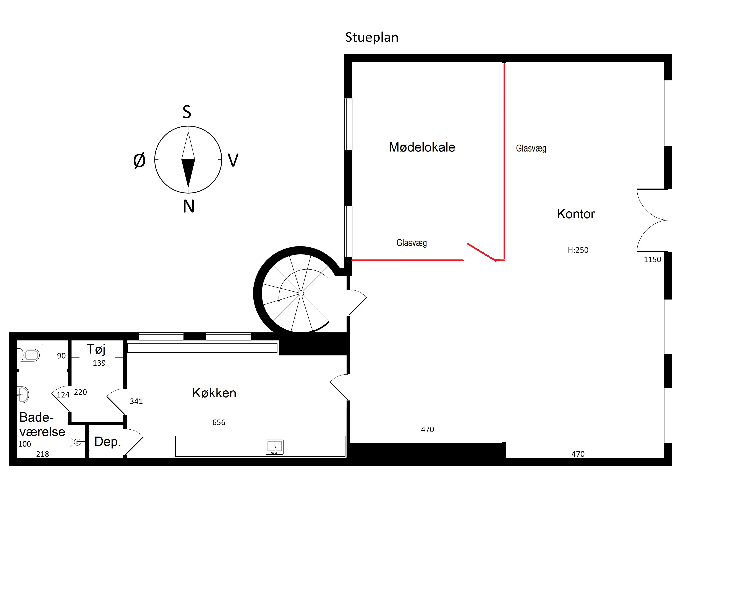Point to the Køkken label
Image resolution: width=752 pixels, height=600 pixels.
214,393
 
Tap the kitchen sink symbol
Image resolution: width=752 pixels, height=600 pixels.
274,447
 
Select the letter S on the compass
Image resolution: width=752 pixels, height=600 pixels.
187,112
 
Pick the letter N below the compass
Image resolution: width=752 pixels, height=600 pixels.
189,206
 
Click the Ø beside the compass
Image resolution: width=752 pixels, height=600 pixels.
139,161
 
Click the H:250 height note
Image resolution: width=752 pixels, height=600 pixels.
578,250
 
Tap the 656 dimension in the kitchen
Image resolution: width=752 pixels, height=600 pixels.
219,422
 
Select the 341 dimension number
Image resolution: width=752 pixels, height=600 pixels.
136,401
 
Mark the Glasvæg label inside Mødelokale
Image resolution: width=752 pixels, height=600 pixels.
412,243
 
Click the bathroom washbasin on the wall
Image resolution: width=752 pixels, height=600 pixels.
23,395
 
